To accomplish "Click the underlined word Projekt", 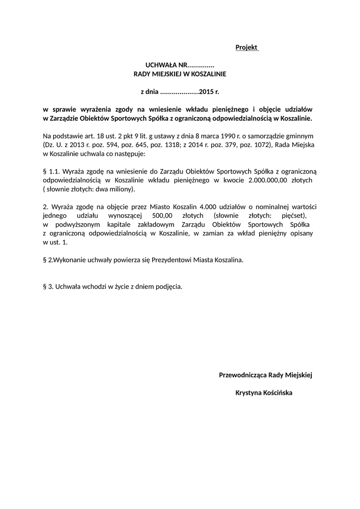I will click(x=246, y=47).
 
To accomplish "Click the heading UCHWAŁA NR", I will click(x=165, y=65).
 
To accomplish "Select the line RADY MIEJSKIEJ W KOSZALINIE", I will click(x=180, y=74).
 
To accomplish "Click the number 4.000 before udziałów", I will click(x=208, y=207).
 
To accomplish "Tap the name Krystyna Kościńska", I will click(x=264, y=393).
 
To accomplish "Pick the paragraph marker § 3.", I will click(x=48, y=287).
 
